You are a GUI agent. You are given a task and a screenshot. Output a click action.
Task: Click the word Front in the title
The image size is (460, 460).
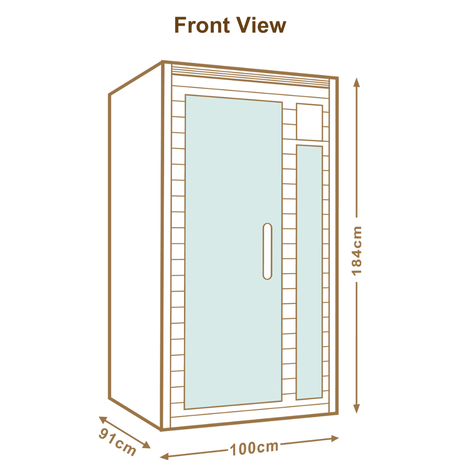tap(202, 25)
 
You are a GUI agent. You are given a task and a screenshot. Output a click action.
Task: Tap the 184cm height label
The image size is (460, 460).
tap(356, 251)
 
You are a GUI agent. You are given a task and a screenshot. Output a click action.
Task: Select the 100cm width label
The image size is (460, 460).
tap(254, 448)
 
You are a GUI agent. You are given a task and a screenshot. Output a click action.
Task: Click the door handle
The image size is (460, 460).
tap(267, 251)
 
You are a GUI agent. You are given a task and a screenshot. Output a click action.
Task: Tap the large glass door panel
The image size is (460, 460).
tap(233, 252)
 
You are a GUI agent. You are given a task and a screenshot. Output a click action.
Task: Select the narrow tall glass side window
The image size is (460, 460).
tap(310, 272)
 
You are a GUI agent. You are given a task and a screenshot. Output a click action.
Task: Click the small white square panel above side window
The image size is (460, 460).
tap(310, 122)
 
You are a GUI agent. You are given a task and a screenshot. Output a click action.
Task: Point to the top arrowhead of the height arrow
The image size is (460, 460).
tap(356, 82)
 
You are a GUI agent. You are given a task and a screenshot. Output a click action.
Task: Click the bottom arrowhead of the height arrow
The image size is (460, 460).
tap(356, 408)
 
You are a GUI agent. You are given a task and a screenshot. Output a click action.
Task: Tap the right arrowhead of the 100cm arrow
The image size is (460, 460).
tap(335, 438)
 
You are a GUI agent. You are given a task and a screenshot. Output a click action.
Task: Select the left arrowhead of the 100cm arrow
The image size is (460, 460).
tap(164, 456)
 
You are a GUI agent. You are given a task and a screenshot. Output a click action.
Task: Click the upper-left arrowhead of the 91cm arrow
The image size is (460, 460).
tap(103, 420)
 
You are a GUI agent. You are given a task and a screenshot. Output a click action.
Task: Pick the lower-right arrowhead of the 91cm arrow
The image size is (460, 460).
tap(146, 445)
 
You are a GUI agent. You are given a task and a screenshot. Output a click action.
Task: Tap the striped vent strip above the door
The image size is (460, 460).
tap(250, 77)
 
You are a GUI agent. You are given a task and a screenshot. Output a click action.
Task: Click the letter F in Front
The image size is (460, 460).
tap(180, 25)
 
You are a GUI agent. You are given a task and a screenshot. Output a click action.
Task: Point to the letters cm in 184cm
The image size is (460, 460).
tap(356, 236)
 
